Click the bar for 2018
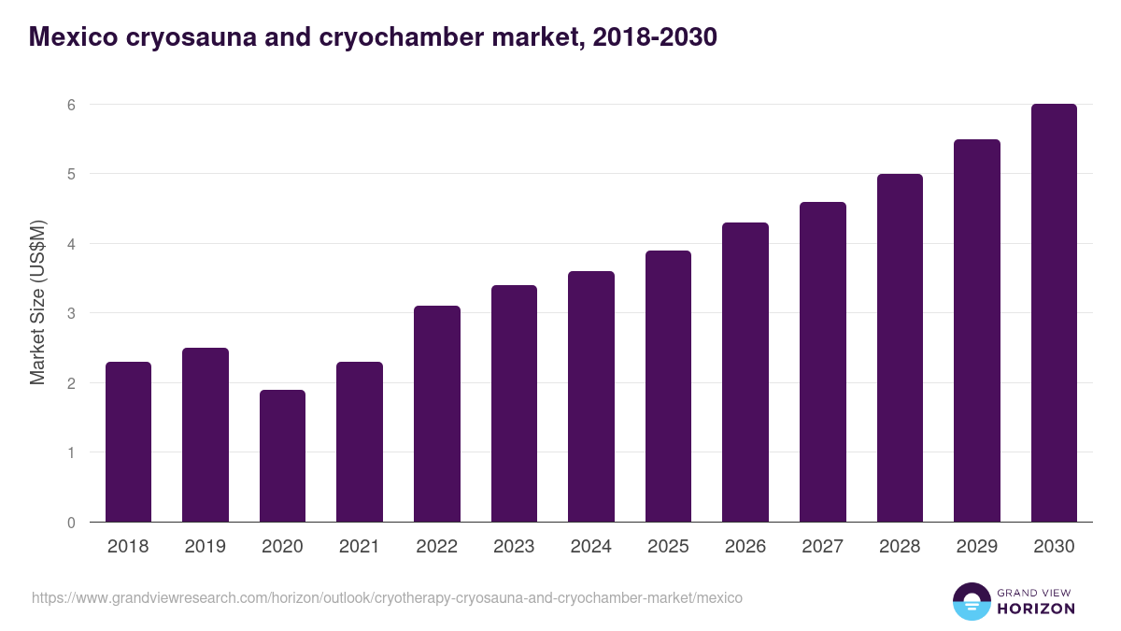click(x=128, y=441)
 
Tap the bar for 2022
click(x=436, y=413)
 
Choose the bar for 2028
click(x=900, y=348)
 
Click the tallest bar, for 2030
click(x=1054, y=313)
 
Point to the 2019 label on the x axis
click(x=205, y=547)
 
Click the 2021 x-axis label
click(x=360, y=547)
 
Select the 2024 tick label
click(x=590, y=547)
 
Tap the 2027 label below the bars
click(x=822, y=547)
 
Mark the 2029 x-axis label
click(x=976, y=547)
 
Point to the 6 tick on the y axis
click(x=70, y=105)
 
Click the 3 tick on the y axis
click(x=70, y=313)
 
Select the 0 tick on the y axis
click(x=70, y=523)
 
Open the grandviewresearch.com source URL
click(x=387, y=597)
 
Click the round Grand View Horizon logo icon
click(x=971, y=601)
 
